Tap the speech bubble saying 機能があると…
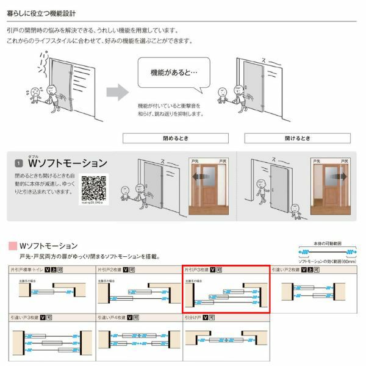173,73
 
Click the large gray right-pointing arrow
117,93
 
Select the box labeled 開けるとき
296,138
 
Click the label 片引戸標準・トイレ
26,268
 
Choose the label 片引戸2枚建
109,268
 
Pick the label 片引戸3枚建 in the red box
196,268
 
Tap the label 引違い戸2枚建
285,268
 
